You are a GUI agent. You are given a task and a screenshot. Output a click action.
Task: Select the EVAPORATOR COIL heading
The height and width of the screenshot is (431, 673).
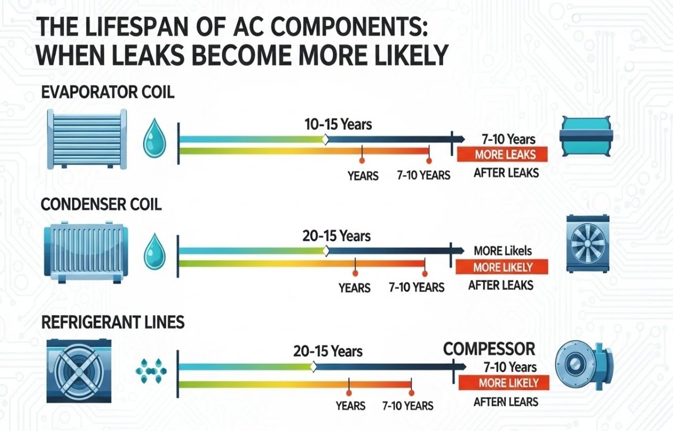[107, 93]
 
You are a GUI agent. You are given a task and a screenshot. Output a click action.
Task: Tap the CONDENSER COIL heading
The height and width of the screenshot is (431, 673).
[101, 204]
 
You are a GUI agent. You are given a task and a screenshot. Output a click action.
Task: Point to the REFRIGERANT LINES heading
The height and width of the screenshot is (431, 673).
[113, 322]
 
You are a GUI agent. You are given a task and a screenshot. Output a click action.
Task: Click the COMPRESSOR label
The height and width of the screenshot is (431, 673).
[489, 348]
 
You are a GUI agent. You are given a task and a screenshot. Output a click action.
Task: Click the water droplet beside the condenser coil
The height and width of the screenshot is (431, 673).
[154, 252]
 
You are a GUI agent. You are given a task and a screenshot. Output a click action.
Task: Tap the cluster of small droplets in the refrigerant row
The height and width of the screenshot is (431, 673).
[149, 370]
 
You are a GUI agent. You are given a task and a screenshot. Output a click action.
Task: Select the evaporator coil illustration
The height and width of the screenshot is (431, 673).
[87, 139]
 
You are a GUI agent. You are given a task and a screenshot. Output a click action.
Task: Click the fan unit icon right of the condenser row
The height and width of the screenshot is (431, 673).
[587, 243]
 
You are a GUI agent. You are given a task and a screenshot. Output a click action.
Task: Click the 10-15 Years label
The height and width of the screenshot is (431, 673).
[338, 125]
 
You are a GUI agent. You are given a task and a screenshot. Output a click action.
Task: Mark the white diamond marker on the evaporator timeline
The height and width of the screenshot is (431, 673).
[325, 139]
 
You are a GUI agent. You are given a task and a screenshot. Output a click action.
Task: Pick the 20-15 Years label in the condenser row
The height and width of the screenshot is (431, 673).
[336, 236]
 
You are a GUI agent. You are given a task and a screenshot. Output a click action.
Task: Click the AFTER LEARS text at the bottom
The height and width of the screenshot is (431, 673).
[506, 402]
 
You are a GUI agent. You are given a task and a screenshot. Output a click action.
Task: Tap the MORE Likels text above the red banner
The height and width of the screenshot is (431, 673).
[503, 251]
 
